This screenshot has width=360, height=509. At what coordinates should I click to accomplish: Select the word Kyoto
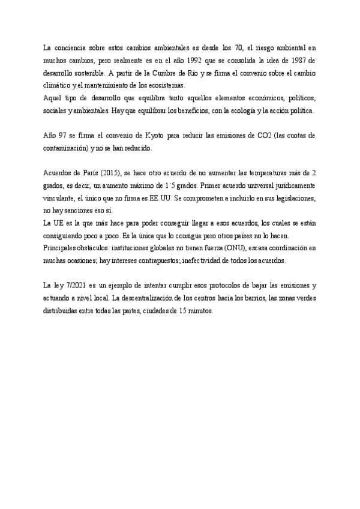(152, 136)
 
